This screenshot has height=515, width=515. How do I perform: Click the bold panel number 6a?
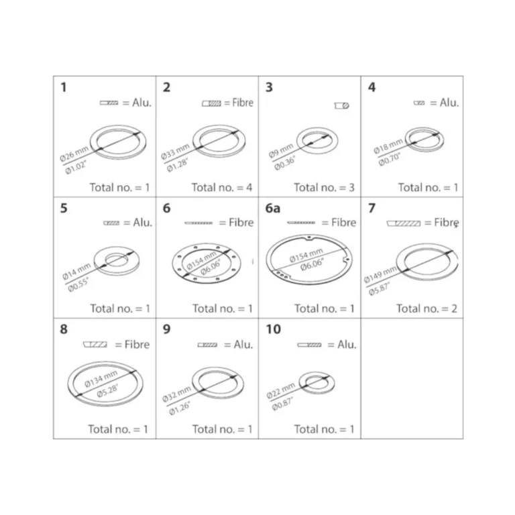point(273,209)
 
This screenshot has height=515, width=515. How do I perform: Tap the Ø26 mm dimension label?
point(74,154)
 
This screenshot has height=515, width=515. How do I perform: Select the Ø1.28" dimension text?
point(177,165)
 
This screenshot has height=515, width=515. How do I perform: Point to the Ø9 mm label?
point(281,151)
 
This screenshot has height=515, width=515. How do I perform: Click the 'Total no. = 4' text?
point(222,188)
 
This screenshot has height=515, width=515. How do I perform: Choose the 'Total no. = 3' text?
point(324,188)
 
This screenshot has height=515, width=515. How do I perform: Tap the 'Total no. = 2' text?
point(426,308)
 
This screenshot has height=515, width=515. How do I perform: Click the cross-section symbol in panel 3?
point(341,105)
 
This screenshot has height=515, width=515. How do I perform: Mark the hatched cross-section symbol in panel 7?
point(404,223)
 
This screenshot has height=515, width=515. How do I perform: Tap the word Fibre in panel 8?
point(137,344)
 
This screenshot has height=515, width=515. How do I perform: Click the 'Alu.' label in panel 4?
point(449,103)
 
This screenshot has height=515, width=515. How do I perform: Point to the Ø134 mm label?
point(101,379)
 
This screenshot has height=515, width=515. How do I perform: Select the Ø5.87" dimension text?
point(379,289)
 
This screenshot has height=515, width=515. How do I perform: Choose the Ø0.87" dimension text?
point(282,404)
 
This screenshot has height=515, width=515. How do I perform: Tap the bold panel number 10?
point(274,329)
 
